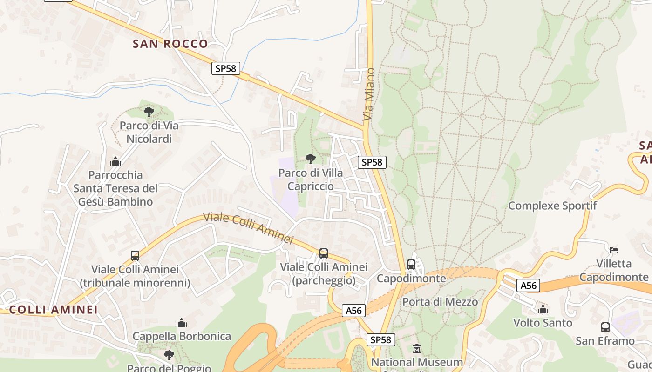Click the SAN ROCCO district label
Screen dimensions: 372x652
point(170,44)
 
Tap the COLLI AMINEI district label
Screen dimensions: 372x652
point(54,310)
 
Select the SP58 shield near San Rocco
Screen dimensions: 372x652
point(226,68)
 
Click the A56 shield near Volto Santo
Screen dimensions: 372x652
point(529,286)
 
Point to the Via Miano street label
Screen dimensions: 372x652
point(369,94)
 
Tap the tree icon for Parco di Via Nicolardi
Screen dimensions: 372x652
point(149,112)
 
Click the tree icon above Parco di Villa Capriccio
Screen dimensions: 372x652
point(311,159)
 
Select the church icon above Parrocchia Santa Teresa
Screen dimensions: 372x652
point(115,161)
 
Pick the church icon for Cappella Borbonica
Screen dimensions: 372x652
point(182,323)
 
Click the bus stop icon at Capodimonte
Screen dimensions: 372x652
point(411,265)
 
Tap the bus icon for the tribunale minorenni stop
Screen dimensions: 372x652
point(135,255)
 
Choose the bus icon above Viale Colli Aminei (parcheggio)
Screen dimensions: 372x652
point(324,253)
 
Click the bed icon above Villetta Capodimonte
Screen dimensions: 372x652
point(614,250)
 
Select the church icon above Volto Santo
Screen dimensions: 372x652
point(543,309)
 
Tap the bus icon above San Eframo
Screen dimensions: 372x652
point(605,327)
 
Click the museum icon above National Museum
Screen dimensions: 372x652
point(417,348)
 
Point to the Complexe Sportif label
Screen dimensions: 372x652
point(552,206)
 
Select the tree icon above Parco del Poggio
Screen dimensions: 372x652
point(169,355)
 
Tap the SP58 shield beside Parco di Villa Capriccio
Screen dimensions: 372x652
point(372,162)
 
